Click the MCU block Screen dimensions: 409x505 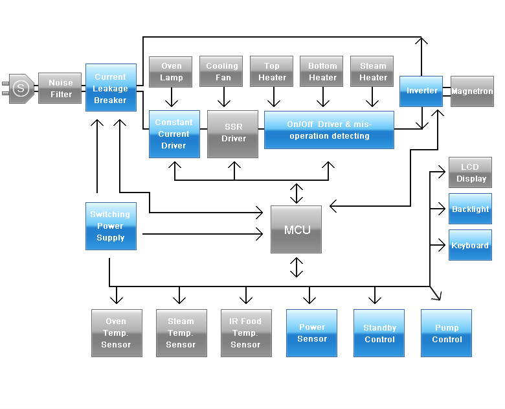point(296,229)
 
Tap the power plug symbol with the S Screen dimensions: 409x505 point(21,88)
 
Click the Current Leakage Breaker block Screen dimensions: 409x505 point(111,88)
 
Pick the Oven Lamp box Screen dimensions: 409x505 point(172,72)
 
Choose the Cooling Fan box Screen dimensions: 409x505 point(221,72)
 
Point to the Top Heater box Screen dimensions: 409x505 point(272,72)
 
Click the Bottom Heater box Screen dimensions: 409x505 point(322,72)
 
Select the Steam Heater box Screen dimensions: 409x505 point(373,72)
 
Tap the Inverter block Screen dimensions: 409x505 point(421,91)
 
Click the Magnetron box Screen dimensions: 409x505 point(472,91)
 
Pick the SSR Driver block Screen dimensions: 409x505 point(233,134)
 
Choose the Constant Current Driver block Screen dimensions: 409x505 point(174,134)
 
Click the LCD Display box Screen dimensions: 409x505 point(471,173)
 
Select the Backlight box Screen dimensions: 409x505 point(471,209)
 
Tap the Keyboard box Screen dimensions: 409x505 point(471,246)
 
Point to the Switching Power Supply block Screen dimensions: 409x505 point(110,226)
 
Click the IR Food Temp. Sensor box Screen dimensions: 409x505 point(246,333)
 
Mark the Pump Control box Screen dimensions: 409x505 point(447,333)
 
